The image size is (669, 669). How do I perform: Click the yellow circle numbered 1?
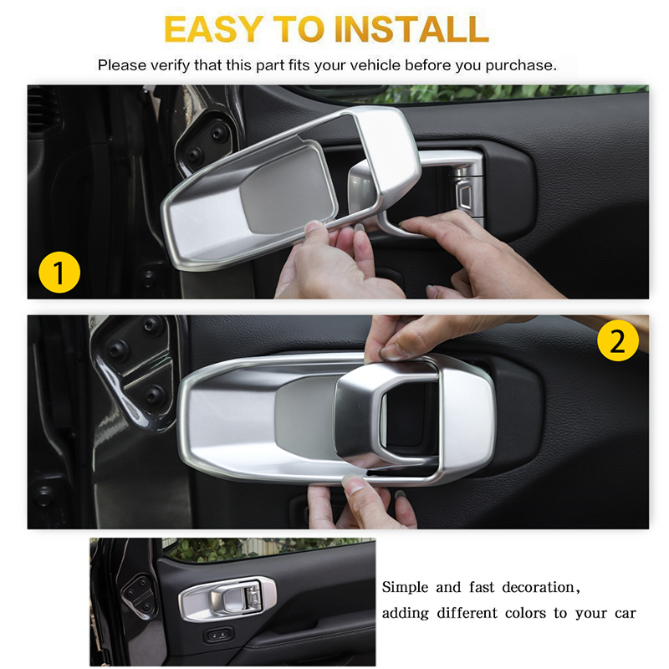tap(60, 273)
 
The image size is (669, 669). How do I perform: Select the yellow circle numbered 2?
tap(617, 341)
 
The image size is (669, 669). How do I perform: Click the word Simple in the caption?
tap(407, 587)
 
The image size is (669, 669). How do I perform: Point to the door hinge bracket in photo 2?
tap(138, 368)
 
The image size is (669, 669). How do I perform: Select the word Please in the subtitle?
tap(120, 64)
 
